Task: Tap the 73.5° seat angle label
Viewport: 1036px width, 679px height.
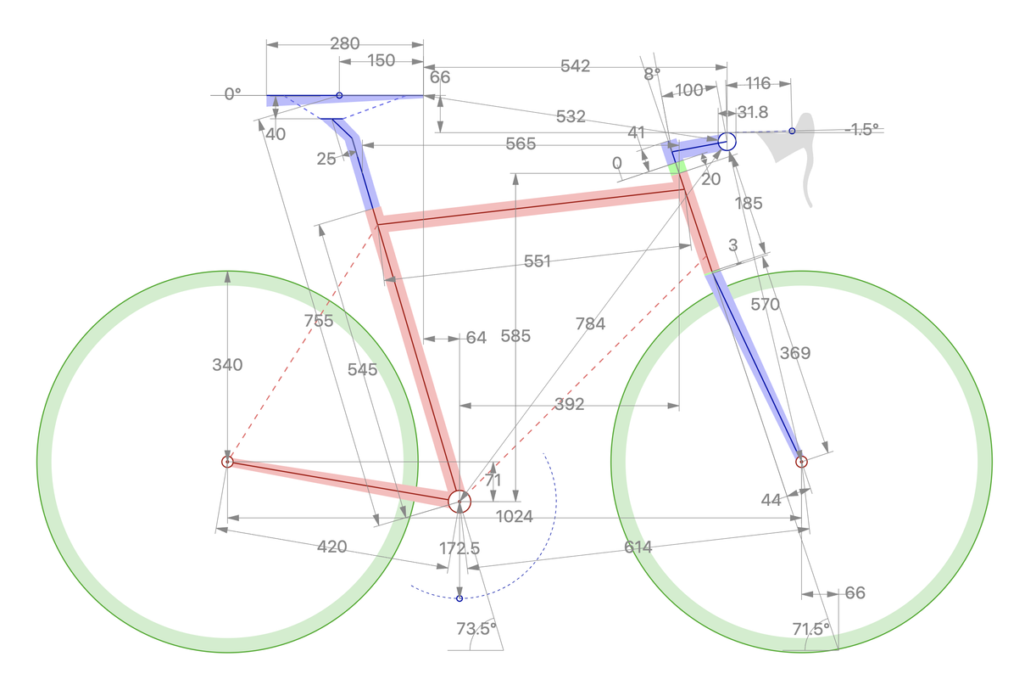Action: [x=476, y=629]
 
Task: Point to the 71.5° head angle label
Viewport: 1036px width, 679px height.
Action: [x=810, y=629]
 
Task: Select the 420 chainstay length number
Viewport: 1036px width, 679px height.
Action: [x=331, y=547]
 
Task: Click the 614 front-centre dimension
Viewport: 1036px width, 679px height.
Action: [x=638, y=547]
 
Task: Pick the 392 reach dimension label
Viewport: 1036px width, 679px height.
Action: [x=568, y=405]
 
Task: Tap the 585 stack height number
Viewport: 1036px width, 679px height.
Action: [x=515, y=336]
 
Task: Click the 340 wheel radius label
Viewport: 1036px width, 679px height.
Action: [x=227, y=365]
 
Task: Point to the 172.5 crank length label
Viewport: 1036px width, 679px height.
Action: [x=460, y=548]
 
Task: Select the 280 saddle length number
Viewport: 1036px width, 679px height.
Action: [x=344, y=43]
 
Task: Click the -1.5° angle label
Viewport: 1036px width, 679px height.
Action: [x=862, y=130]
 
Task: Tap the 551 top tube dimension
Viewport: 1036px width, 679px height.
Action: [x=537, y=261]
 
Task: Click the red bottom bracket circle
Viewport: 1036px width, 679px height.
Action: [x=459, y=501]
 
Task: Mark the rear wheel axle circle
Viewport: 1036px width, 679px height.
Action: [x=227, y=462]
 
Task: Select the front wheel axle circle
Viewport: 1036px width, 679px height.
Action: [x=801, y=462]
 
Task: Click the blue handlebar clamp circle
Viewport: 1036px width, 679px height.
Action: [x=727, y=141]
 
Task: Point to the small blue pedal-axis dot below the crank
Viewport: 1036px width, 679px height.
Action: [x=460, y=599]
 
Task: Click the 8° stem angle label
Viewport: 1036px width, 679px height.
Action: [x=651, y=74]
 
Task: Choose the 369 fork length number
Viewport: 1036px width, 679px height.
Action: [x=794, y=353]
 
